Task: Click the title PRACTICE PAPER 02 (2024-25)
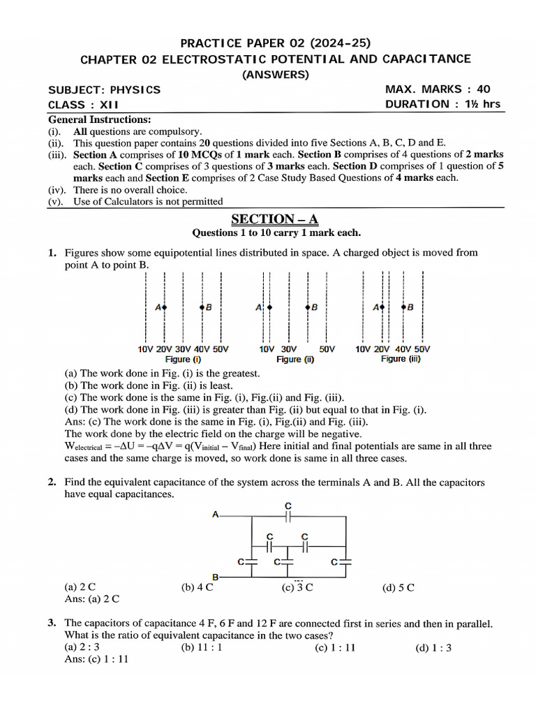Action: (274, 42)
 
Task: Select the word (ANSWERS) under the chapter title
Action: (275, 75)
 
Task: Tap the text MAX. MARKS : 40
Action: (438, 89)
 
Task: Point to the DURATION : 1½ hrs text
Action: (442, 104)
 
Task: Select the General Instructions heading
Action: (99, 119)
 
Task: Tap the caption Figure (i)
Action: (183, 359)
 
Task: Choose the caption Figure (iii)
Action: (401, 359)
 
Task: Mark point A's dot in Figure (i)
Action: (165, 307)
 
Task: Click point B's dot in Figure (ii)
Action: (308, 307)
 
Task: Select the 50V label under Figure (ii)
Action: (327, 349)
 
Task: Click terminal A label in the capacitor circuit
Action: (216, 515)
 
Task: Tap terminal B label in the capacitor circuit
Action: (215, 577)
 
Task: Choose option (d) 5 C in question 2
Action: (398, 588)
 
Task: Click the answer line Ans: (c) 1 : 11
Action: (96, 660)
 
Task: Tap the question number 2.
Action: (52, 482)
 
